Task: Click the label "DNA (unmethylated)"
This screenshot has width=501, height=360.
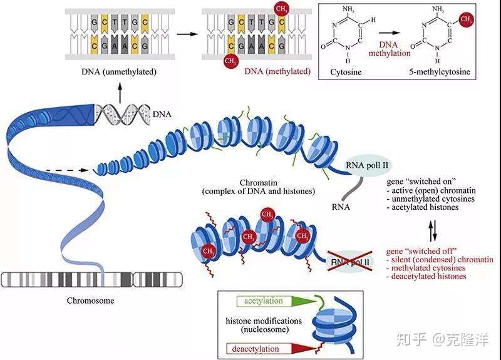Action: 119,71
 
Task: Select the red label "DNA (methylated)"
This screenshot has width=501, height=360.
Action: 277,71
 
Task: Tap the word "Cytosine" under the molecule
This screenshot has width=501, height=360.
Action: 346,71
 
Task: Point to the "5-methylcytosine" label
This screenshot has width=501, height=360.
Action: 440,71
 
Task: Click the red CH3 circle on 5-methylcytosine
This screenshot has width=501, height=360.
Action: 466,19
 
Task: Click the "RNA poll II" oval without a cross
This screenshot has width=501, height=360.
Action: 367,165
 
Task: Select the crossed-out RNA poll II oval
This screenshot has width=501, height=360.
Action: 350,262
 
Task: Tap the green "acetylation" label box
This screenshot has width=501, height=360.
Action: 264,301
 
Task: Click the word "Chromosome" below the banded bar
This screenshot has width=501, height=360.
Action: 90,301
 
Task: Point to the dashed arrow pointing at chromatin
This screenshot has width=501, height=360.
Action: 67,170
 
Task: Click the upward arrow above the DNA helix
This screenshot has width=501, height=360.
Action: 120,93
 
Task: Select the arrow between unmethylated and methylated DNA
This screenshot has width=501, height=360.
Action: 187,33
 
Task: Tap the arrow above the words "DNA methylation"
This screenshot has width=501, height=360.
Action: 390,33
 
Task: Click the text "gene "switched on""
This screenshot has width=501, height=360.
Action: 421,182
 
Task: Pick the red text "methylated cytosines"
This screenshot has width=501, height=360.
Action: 428,268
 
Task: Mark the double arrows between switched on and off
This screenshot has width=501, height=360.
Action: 432,231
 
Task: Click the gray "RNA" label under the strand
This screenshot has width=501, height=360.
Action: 341,207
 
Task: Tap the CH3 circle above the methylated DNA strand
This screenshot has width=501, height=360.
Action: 281,9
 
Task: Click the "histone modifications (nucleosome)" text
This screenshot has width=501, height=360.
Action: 264,325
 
